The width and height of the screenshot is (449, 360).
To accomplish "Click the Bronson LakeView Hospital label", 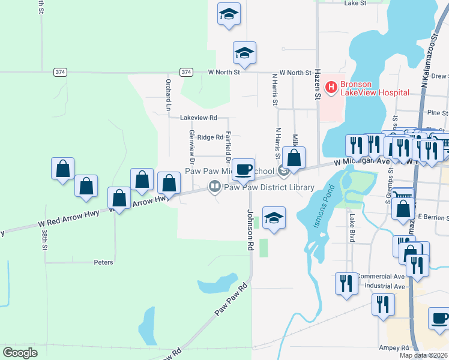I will (x=375, y=88).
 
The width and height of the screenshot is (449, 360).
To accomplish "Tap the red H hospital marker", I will (x=331, y=88).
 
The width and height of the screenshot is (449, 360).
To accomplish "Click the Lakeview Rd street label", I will (x=198, y=118).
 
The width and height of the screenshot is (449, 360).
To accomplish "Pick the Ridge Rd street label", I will (x=210, y=137).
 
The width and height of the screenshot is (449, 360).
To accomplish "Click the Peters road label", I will (x=103, y=262).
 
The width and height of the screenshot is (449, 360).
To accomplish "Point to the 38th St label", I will (x=44, y=239).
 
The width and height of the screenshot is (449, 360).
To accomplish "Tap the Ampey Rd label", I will (x=394, y=347).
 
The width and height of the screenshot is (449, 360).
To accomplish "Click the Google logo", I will (x=20, y=352).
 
